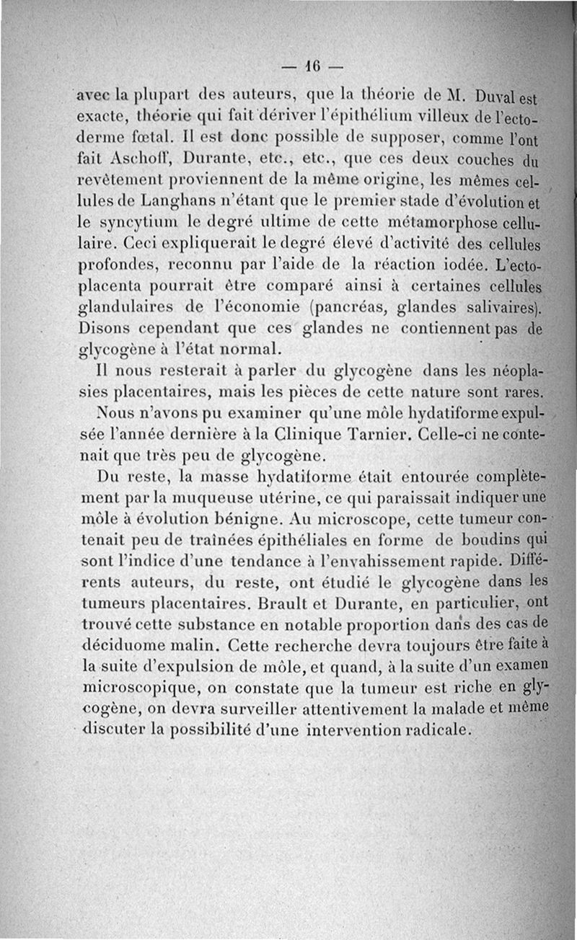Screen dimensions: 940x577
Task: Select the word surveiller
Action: [x=239, y=709]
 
